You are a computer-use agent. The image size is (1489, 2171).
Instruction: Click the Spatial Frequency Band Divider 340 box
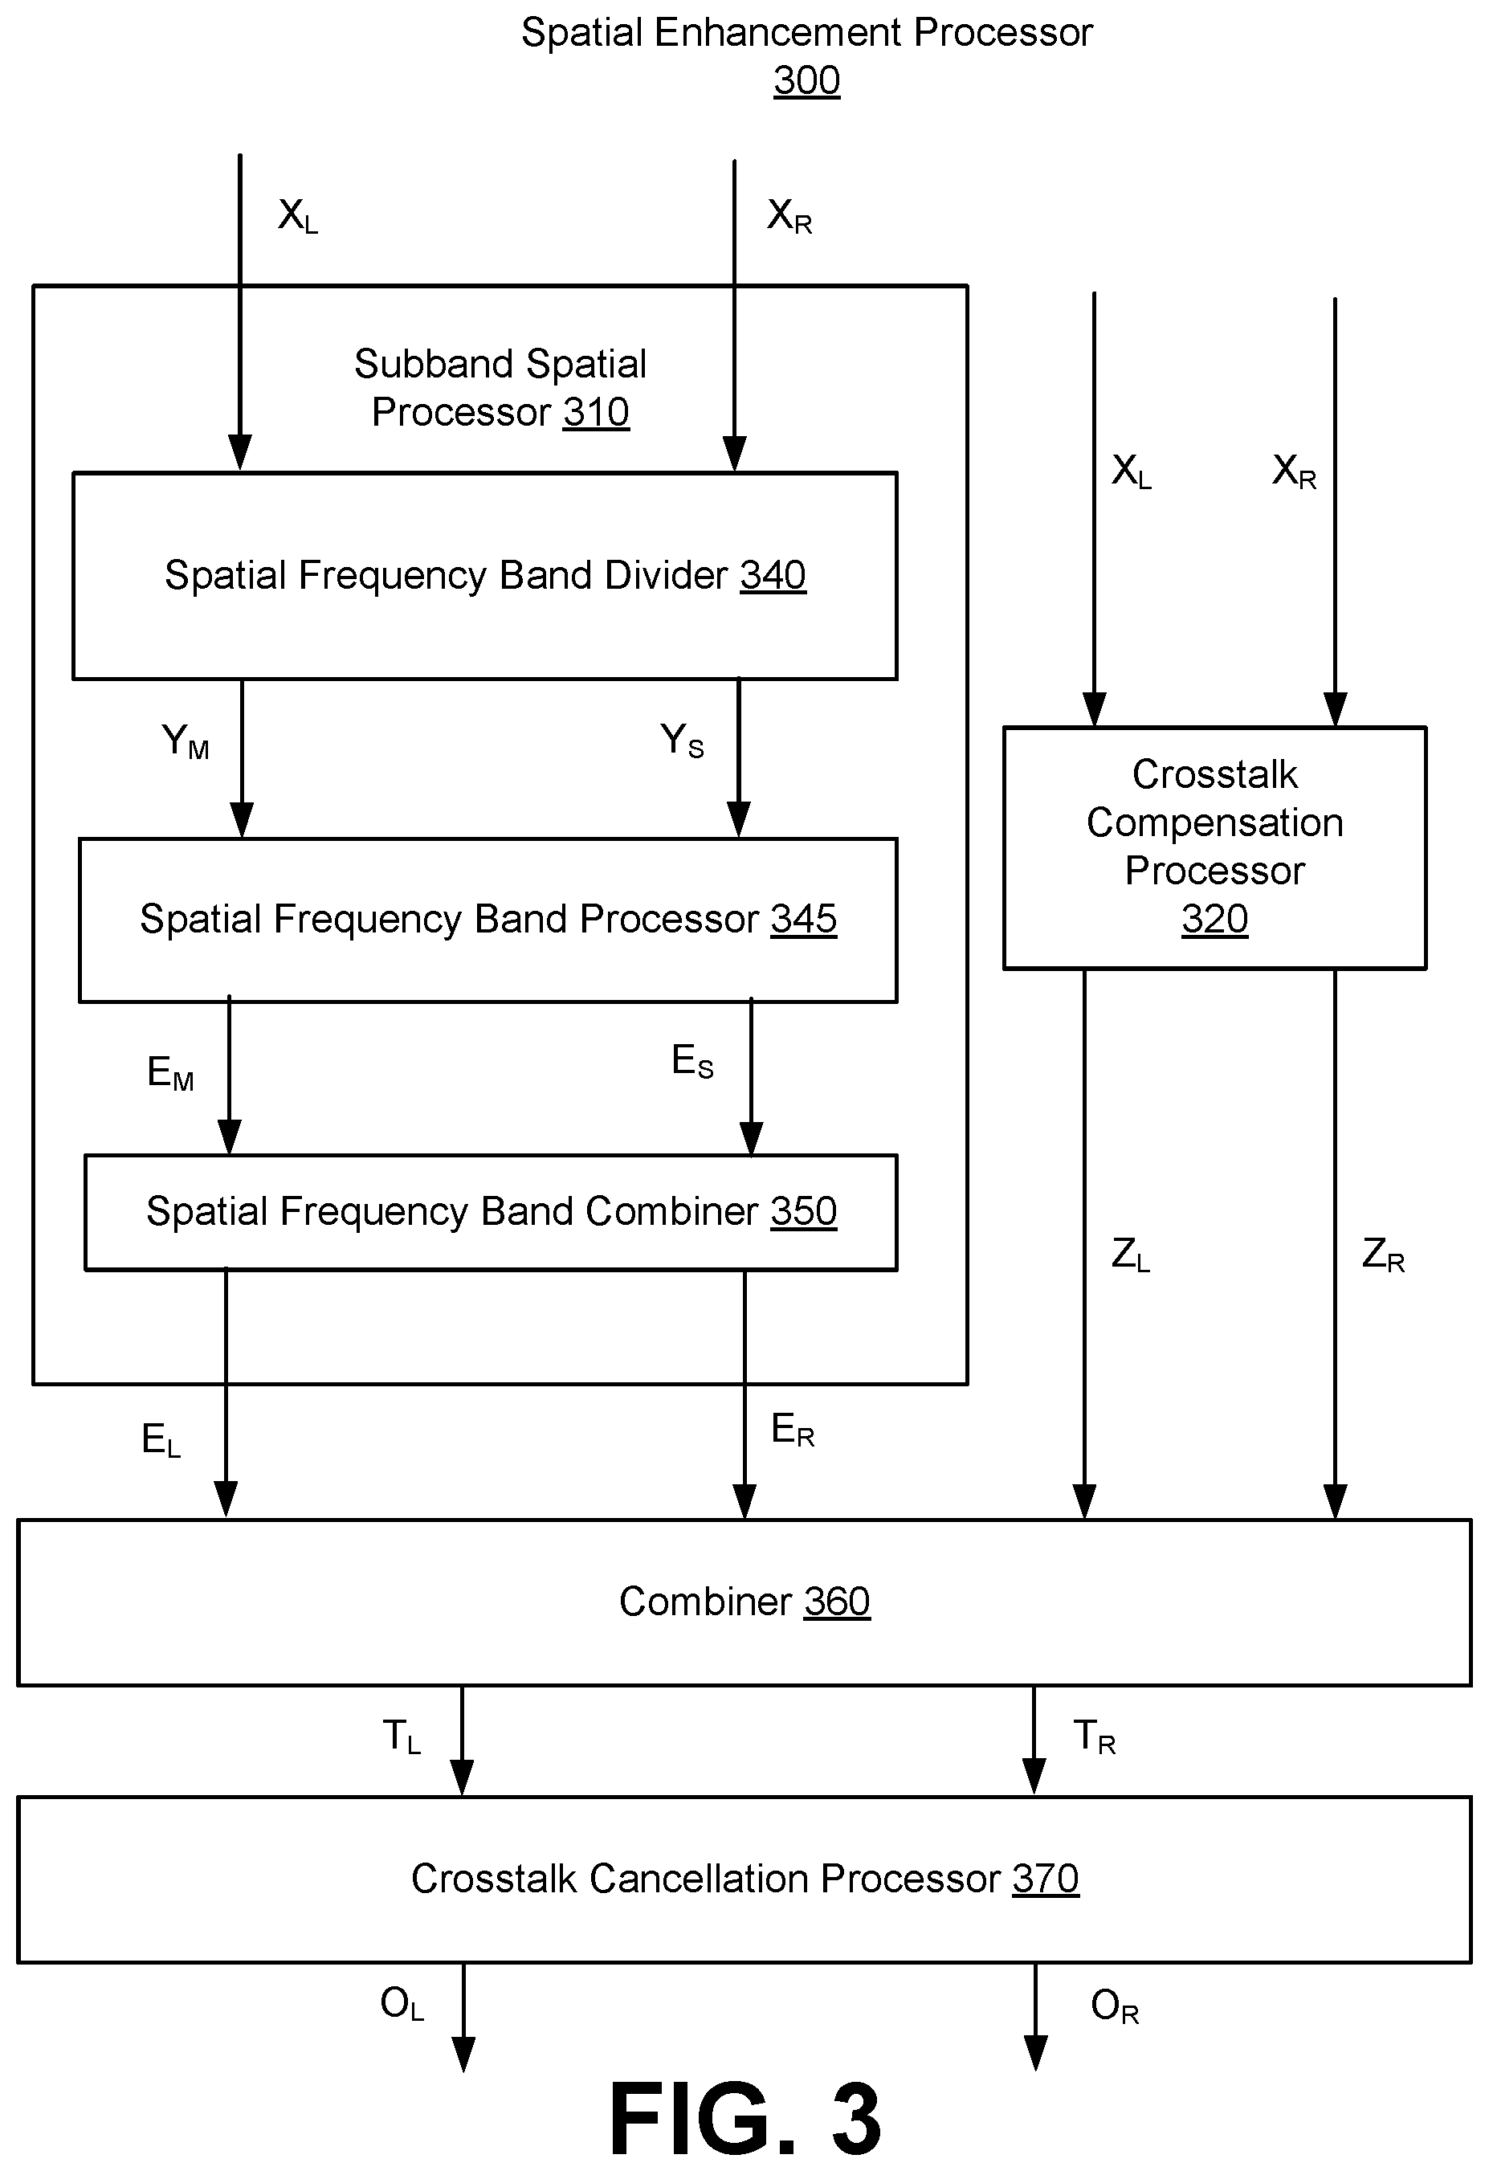[x=485, y=575]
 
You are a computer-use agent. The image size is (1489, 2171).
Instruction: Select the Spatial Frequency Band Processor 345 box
[x=487, y=920]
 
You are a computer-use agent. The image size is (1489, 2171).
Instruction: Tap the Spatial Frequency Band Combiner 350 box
[x=491, y=1212]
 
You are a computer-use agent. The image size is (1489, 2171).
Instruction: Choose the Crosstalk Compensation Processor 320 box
[x=1214, y=847]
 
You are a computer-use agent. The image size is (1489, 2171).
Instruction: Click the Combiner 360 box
[x=744, y=1602]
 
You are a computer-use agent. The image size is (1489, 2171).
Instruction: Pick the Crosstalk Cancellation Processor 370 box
[x=744, y=1879]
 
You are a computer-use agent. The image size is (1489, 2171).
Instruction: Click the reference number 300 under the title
[x=807, y=80]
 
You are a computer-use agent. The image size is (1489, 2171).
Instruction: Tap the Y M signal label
[x=185, y=741]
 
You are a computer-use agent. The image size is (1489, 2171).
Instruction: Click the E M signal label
[x=170, y=1072]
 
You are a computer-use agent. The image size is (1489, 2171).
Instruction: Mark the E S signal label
[x=692, y=1062]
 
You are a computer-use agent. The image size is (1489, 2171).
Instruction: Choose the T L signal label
[x=402, y=1736]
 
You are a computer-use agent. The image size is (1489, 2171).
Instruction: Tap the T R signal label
[x=1094, y=1736]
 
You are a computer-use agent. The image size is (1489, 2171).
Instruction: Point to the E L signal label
[x=161, y=1439]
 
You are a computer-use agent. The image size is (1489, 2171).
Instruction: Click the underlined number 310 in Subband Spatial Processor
[x=596, y=413]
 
